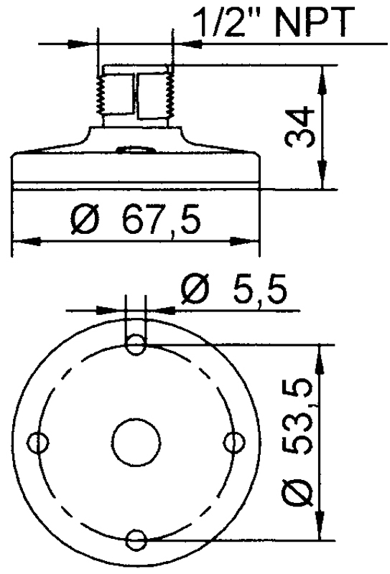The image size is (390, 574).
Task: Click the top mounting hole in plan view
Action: coord(136,347)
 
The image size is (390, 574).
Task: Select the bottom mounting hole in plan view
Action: coord(136,539)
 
